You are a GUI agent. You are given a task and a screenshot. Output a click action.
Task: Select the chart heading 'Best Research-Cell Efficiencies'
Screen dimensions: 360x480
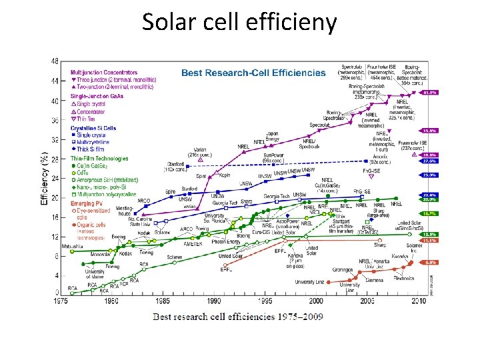coord(254,73)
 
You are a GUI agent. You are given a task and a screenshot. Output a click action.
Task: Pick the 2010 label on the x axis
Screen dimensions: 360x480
coord(419,301)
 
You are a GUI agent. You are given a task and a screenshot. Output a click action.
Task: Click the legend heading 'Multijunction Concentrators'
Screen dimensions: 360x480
coord(105,72)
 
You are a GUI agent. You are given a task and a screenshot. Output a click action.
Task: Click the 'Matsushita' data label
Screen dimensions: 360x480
coord(71,246)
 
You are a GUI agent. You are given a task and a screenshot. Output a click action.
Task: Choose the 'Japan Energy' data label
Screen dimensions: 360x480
coord(273,137)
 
